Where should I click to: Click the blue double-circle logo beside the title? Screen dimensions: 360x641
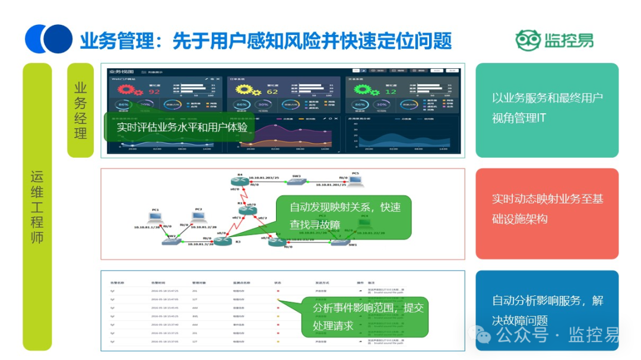tap(49, 39)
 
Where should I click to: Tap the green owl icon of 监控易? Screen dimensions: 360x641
tap(528, 40)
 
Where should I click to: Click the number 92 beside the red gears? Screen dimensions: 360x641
tap(154, 92)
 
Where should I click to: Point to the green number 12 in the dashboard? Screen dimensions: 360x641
tap(391, 92)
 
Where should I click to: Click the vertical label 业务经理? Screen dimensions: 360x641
tap(81, 110)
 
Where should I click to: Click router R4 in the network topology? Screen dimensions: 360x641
tap(240, 181)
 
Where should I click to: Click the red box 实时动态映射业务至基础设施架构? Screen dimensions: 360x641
tap(547, 209)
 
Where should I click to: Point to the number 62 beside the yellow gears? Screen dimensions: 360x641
tap(272, 92)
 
